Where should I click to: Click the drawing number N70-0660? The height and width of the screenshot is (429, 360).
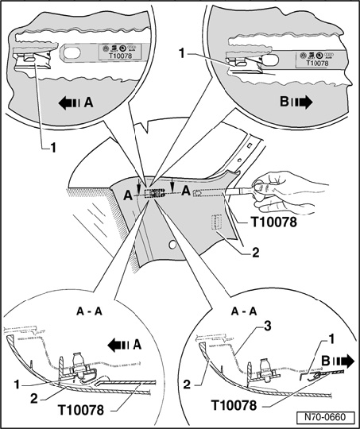pos(325,417)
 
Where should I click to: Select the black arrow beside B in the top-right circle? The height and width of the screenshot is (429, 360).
pos(301,102)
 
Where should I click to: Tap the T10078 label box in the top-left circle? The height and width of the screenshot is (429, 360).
pos(120,52)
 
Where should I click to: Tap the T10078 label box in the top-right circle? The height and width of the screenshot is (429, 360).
pos(317,60)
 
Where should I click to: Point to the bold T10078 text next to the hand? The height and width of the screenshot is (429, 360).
pos(274,222)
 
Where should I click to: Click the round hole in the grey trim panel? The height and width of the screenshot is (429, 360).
pos(172,245)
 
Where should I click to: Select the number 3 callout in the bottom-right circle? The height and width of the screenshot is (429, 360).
pos(267,327)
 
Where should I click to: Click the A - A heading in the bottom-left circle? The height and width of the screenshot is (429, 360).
pos(89,311)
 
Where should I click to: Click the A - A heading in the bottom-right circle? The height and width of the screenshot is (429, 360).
pos(244,311)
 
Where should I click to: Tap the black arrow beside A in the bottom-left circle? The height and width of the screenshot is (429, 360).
pos(119,346)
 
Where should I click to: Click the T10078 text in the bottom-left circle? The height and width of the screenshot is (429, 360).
pos(81,410)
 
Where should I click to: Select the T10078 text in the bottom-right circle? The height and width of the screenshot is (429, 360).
pos(234,405)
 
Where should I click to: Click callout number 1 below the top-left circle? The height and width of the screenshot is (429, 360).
pos(52,148)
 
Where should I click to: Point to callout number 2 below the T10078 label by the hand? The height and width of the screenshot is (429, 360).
pos(255,253)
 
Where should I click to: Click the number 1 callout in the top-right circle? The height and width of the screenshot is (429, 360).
pos(182,54)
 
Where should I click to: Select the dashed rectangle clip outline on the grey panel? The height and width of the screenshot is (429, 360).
pos(216,222)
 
